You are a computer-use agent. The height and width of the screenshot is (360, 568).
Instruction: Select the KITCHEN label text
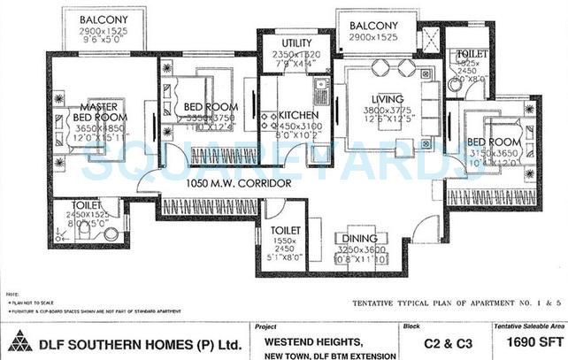pos(298,115)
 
